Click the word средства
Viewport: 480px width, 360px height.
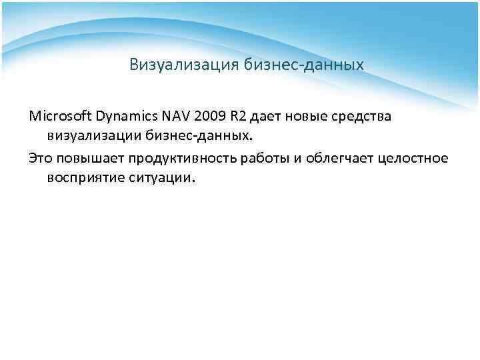click(363, 117)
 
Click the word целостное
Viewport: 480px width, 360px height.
click(415, 158)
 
